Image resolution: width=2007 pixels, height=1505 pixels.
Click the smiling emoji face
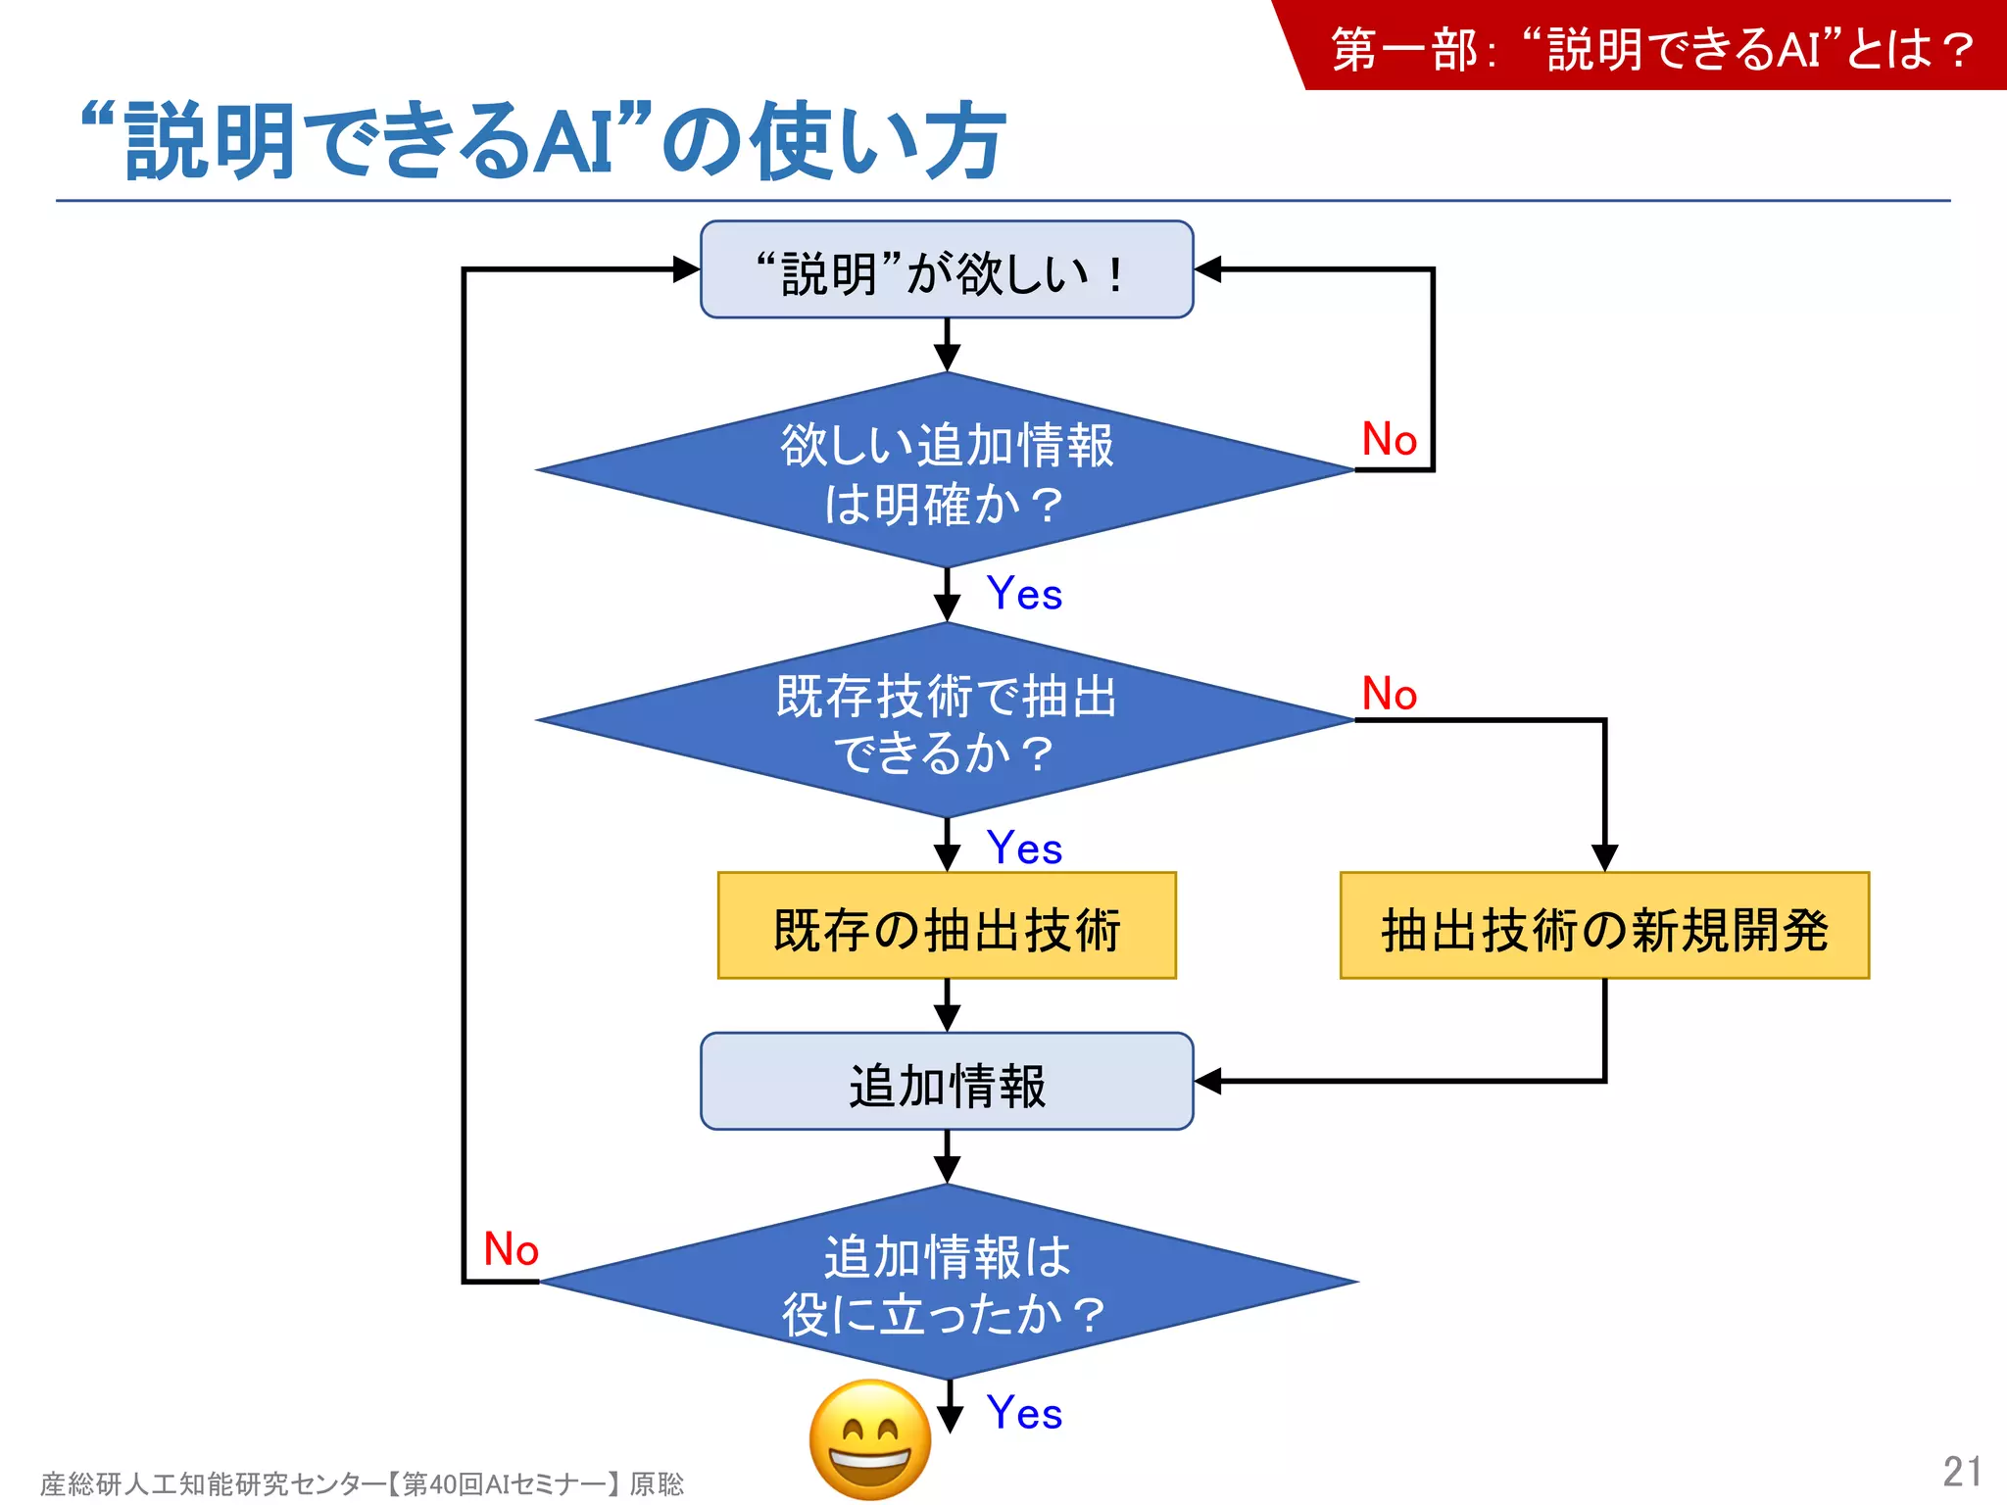click(870, 1438)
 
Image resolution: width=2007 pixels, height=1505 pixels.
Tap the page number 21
click(1962, 1471)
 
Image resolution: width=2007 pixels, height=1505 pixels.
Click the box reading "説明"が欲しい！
click(947, 269)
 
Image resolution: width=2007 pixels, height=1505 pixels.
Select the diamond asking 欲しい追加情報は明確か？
click(947, 471)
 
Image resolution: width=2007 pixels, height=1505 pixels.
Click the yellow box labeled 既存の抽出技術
click(947, 926)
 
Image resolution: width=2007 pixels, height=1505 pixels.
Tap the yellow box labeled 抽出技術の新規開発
click(1604, 926)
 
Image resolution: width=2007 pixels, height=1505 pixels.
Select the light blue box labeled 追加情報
click(947, 1082)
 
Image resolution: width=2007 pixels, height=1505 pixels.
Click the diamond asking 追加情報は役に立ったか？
click(947, 1283)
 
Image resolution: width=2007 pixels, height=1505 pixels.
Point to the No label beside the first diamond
click(1389, 439)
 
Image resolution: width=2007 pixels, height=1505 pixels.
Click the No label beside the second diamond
click(1389, 694)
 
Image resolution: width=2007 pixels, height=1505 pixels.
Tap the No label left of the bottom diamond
click(511, 1249)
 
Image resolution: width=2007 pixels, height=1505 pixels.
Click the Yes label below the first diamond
click(1024, 594)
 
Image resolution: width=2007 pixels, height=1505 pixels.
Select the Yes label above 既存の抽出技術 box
click(1024, 848)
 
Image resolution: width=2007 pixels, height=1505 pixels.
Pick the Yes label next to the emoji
click(1024, 1413)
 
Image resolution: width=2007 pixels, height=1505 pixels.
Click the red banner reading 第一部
click(1651, 47)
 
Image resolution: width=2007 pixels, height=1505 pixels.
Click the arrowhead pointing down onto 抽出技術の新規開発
click(1604, 857)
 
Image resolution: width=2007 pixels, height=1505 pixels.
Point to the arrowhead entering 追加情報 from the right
click(1208, 1082)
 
